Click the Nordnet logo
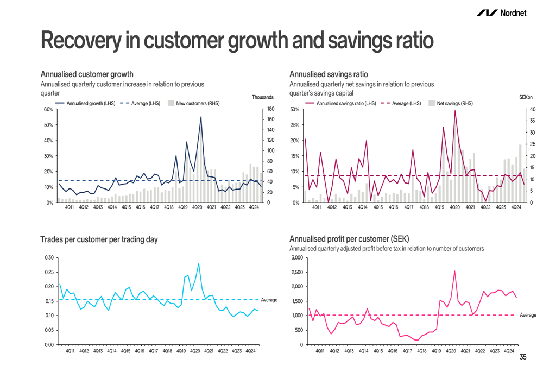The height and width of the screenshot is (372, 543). click(501, 12)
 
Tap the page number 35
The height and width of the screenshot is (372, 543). click(523, 357)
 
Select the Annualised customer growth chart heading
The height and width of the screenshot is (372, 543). click(87, 74)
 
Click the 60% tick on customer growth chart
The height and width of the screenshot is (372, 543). click(48, 109)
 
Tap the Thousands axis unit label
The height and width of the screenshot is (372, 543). click(263, 97)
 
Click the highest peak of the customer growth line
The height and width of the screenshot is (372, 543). click(201, 117)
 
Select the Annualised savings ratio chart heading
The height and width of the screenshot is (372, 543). click(329, 74)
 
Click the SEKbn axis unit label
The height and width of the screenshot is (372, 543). click(526, 97)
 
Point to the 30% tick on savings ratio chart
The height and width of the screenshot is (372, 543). click(295, 109)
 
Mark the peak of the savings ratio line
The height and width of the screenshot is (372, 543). click(455, 111)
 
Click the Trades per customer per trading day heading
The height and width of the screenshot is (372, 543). click(99, 239)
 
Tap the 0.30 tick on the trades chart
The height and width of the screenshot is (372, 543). click(48, 257)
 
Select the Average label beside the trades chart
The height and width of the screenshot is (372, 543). click(269, 300)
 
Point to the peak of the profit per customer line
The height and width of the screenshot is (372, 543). click(454, 271)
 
